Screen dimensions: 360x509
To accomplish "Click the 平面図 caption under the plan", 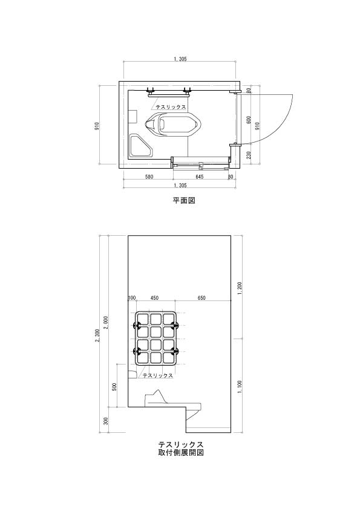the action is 184,200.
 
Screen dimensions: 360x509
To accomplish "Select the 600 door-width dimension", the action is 249,120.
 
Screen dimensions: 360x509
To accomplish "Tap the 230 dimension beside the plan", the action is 249,155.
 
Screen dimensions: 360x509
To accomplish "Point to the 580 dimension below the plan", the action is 149,177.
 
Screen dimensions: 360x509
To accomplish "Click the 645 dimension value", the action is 199,177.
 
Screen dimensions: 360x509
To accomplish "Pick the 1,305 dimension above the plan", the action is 180,59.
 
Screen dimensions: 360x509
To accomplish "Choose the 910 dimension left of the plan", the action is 96,126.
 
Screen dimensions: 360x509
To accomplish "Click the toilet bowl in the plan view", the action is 173,125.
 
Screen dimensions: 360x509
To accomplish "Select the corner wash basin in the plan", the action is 141,146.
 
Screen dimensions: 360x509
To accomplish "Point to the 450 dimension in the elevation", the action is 155,297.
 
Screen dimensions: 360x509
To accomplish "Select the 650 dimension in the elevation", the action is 201,297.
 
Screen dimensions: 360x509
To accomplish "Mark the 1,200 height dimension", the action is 240,287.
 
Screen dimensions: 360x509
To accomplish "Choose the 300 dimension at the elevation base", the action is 105,421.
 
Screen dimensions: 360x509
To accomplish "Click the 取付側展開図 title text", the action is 181,452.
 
